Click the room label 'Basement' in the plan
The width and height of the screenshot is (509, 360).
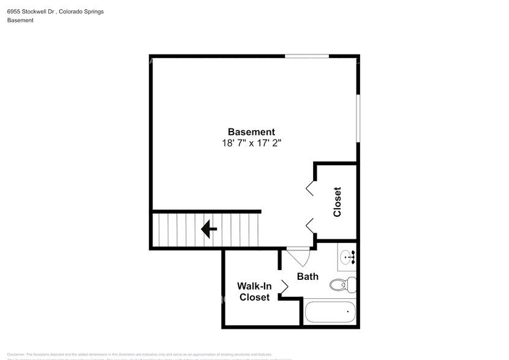(x=251, y=132)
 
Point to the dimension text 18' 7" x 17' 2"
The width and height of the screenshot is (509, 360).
(x=251, y=143)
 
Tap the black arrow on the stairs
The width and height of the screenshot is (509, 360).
(x=209, y=229)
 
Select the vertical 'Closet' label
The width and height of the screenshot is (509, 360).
(x=337, y=201)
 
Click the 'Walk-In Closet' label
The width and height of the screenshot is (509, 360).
(x=254, y=291)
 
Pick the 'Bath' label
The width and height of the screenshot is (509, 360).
(x=307, y=276)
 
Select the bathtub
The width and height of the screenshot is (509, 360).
(x=330, y=313)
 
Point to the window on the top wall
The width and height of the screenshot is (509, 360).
(x=306, y=57)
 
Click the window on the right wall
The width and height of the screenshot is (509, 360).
(x=358, y=119)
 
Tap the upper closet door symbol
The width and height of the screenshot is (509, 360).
(x=311, y=187)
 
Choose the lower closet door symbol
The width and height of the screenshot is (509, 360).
(x=311, y=225)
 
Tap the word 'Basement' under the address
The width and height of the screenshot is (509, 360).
(x=20, y=20)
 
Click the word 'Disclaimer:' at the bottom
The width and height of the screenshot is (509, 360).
(x=17, y=354)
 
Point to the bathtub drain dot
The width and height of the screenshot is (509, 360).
(x=348, y=313)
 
